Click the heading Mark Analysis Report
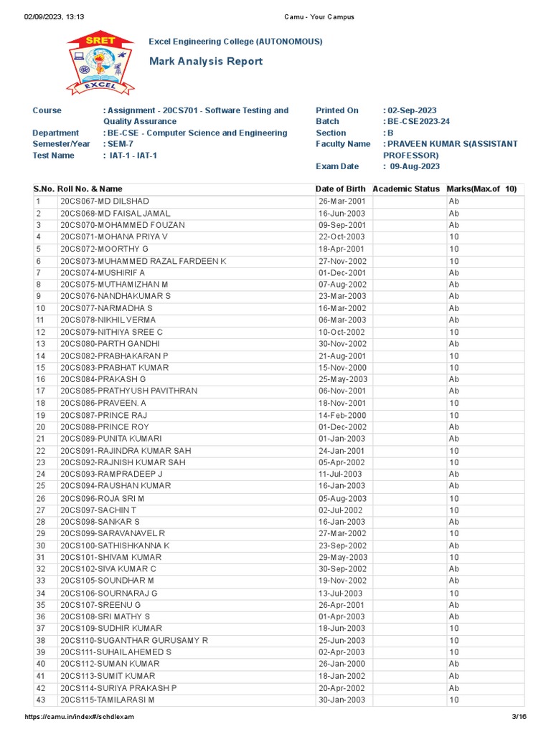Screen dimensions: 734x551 coord(205,62)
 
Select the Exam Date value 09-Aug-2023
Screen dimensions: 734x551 coord(415,166)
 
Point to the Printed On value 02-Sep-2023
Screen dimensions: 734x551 coord(412,110)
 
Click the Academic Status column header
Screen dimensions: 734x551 coord(406,189)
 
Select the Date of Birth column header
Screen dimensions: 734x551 coord(341,189)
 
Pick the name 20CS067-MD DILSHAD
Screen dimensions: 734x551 coord(104,201)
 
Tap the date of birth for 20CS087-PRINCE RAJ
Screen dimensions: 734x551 coord(342,415)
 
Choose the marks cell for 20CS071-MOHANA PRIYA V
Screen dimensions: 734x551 coord(454,237)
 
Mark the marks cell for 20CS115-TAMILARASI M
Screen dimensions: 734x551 coord(454,700)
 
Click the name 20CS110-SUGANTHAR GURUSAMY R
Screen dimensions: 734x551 coord(134,640)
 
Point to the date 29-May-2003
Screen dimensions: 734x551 coord(343,558)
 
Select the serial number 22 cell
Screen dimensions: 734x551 coord(41,451)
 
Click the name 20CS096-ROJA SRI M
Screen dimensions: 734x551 coord(102,498)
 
